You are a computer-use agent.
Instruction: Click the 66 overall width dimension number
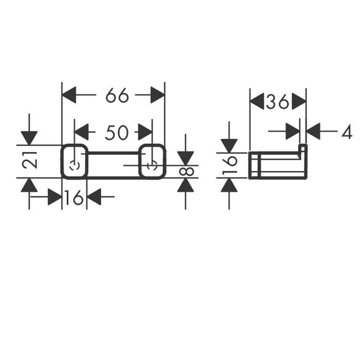click(117, 96)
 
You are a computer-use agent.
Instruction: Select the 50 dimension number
click(116, 133)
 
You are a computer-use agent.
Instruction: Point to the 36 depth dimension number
click(278, 102)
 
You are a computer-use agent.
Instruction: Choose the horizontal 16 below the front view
click(74, 198)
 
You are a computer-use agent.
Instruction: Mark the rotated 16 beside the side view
click(230, 165)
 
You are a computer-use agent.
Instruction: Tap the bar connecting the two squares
click(113, 156)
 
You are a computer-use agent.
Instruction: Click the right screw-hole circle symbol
click(151, 165)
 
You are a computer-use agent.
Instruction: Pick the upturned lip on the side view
click(303, 149)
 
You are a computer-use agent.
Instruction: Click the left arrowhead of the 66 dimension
click(69, 96)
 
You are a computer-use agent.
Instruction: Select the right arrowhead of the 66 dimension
click(157, 96)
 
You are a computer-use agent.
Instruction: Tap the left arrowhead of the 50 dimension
click(81, 132)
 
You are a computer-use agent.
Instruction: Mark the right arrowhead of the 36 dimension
click(299, 101)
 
